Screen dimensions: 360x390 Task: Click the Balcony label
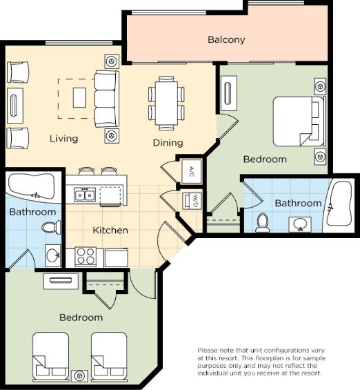pos(226,39)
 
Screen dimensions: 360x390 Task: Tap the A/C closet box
pos(191,171)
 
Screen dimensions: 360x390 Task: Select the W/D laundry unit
pos(192,201)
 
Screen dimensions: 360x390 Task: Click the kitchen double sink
pos(85,195)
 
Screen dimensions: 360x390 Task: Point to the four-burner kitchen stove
pos(86,257)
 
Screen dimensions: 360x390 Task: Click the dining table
pos(166,103)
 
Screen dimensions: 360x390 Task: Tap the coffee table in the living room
pos(79,97)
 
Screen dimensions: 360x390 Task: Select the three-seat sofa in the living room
pos(107,99)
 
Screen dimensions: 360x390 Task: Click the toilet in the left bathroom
pos(51,227)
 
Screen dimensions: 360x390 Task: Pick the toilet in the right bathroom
pos(262,222)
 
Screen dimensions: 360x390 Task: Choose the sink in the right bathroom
pos(300,224)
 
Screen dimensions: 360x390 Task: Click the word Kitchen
pos(110,231)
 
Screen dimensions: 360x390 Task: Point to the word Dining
pos(168,143)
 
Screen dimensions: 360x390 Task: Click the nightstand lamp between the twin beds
pos(79,376)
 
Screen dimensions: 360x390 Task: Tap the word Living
pos(64,139)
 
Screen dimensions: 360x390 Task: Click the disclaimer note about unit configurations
pos(261,362)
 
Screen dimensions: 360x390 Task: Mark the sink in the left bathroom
pos(53,255)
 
